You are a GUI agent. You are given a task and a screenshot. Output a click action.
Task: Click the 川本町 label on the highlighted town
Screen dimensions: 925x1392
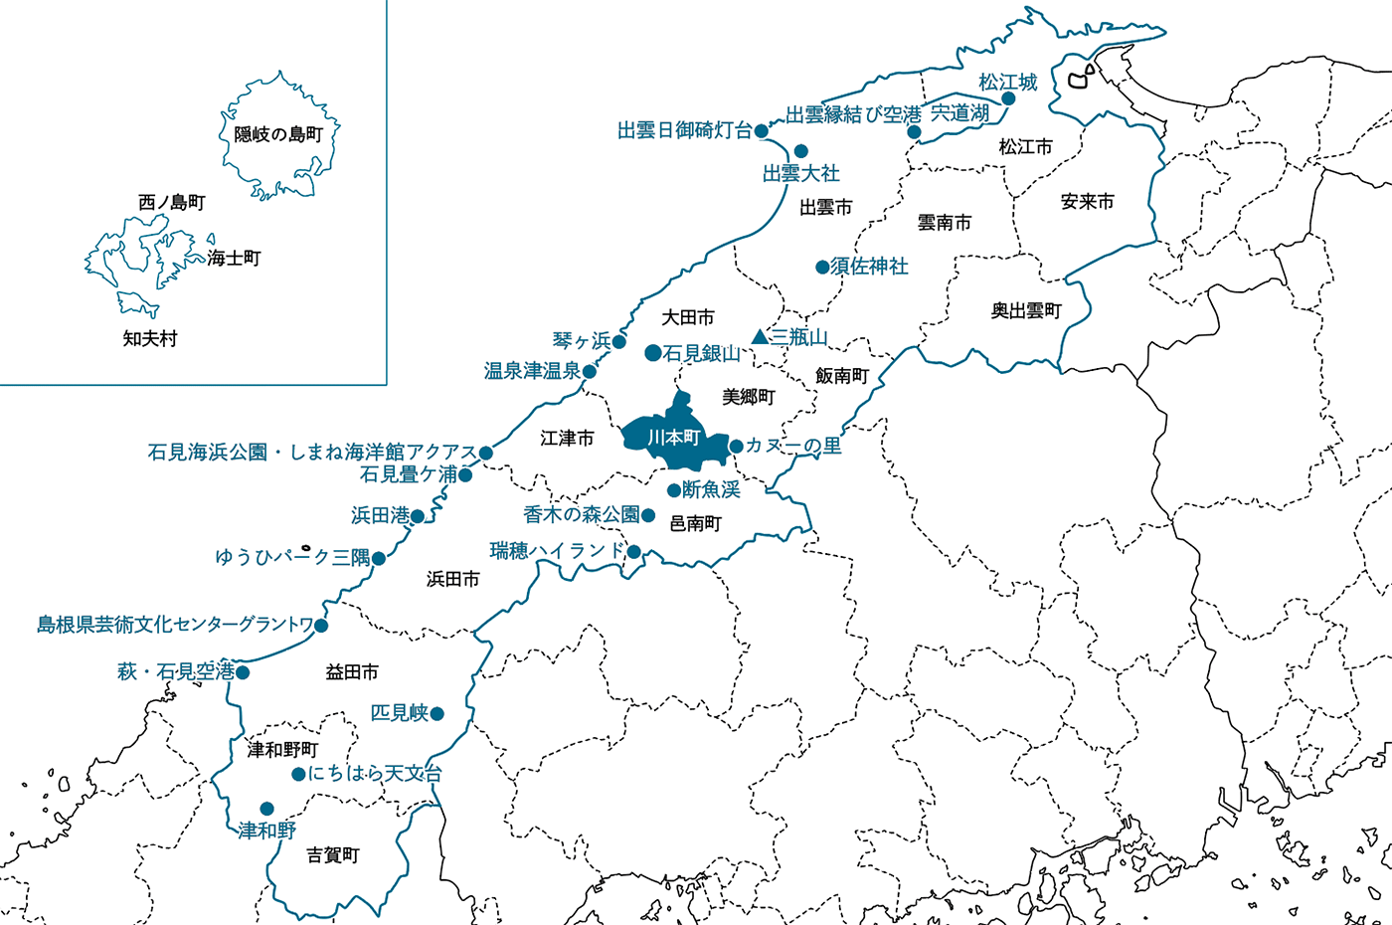click(x=674, y=438)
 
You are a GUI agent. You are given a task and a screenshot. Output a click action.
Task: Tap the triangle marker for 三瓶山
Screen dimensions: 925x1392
click(x=761, y=337)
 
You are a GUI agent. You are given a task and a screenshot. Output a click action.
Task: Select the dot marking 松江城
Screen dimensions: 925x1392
click(x=1008, y=98)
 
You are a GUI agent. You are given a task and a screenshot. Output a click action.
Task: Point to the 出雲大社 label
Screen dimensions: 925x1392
click(x=800, y=174)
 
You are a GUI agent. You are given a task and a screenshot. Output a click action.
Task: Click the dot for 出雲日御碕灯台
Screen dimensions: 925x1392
click(x=762, y=130)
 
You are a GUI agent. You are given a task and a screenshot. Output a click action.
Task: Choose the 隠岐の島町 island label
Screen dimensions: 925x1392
click(x=278, y=134)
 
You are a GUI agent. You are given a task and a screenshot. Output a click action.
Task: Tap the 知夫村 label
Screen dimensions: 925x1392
click(x=150, y=338)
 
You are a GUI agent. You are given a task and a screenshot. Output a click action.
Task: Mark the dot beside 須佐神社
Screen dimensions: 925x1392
click(x=822, y=267)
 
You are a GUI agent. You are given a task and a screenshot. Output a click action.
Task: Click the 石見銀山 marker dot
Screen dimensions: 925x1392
click(x=652, y=353)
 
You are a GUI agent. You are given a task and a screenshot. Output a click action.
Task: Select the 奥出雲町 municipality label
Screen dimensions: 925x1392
click(x=1026, y=311)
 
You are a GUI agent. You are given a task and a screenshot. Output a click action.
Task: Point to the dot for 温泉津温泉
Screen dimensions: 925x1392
click(x=589, y=371)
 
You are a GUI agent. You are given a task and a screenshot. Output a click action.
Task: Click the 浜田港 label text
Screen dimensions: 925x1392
click(x=380, y=515)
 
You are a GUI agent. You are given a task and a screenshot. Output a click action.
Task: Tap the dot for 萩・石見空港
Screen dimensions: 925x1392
click(x=243, y=672)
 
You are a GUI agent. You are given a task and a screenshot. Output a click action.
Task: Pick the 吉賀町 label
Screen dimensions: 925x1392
click(x=333, y=854)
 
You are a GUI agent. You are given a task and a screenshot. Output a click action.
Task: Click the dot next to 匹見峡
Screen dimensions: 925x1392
click(x=437, y=713)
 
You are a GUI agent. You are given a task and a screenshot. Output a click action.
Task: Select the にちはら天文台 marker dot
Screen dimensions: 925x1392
click(x=298, y=774)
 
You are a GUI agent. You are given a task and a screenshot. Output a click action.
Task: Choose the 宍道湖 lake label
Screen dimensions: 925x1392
click(x=959, y=113)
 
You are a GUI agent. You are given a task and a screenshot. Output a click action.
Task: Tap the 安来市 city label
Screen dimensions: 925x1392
click(x=1087, y=202)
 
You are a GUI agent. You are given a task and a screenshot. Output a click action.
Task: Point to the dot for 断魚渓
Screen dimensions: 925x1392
click(x=673, y=490)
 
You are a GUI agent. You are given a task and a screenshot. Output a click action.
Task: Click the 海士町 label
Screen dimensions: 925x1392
click(x=234, y=258)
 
